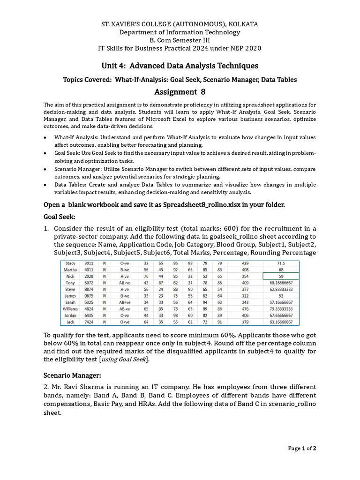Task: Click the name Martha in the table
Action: point(70,270)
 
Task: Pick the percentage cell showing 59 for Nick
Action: point(281,277)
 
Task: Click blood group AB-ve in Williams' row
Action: point(125,309)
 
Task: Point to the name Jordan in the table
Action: point(70,315)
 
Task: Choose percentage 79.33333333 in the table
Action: point(281,309)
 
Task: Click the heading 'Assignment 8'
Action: point(180,91)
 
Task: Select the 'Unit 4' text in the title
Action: point(114,66)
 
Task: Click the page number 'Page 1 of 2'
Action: point(302,449)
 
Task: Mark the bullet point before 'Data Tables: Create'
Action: point(45,185)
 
